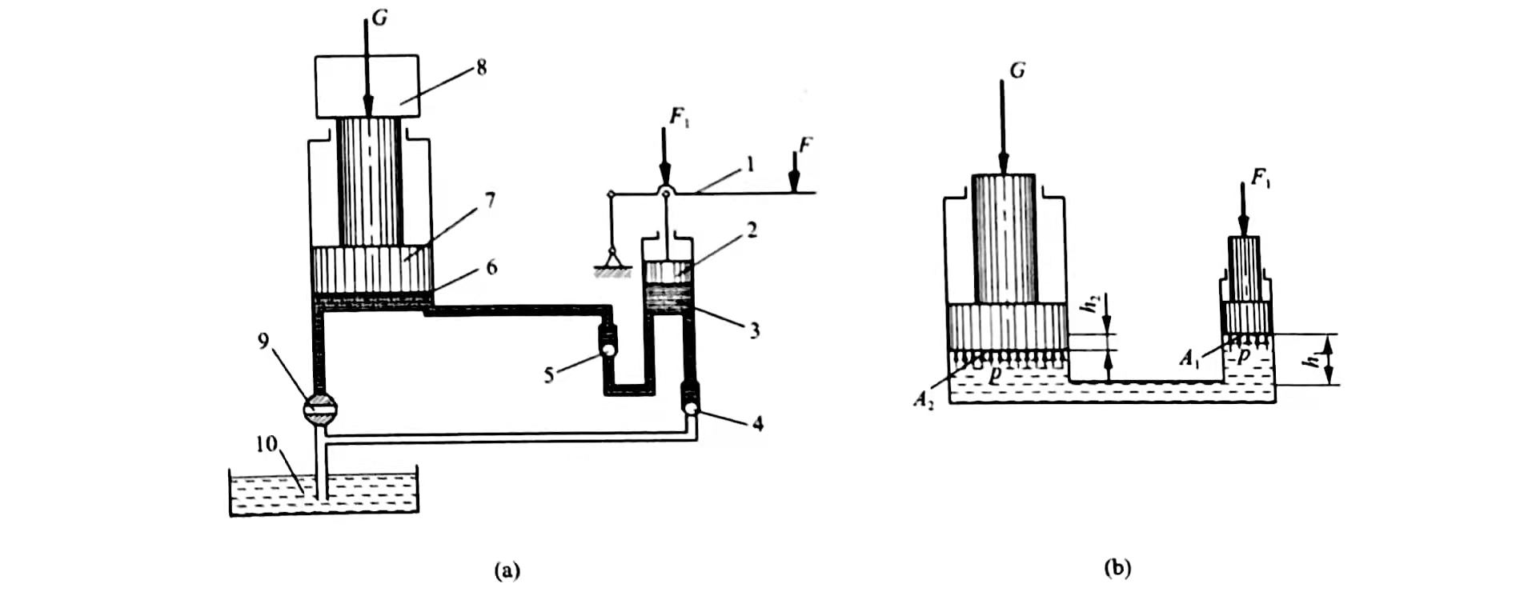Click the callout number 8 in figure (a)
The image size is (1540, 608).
[481, 67]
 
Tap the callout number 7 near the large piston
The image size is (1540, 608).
[490, 200]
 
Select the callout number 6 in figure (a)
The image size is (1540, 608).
[491, 267]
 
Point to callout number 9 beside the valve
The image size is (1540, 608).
[264, 342]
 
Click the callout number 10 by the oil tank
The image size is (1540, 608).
[266, 444]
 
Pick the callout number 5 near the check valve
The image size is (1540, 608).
[549, 374]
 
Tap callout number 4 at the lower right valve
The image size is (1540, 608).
[757, 423]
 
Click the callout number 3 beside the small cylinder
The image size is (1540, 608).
[754, 330]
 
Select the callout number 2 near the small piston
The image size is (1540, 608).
[752, 230]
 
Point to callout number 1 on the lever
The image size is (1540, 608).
[750, 165]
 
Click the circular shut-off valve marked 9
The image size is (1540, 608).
[320, 409]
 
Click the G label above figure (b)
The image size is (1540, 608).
[1017, 70]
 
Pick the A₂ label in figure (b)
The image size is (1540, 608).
[924, 400]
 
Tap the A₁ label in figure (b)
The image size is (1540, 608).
[1190, 357]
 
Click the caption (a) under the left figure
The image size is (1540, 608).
[507, 570]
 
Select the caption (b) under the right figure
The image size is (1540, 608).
[1117, 568]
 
